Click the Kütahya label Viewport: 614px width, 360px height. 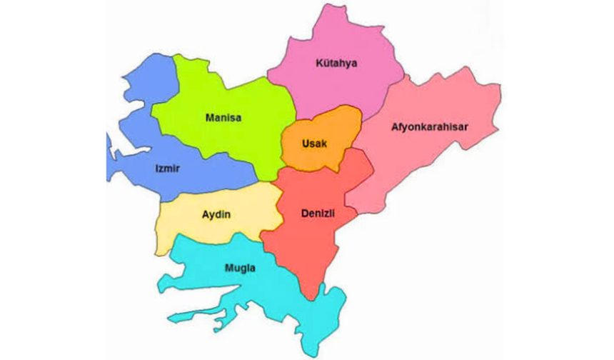[336, 64]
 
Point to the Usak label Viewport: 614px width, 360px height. [314, 144]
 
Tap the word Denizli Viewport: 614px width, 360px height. [318, 214]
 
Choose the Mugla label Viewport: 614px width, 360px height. [240, 269]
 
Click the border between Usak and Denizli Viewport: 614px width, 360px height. [314, 169]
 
